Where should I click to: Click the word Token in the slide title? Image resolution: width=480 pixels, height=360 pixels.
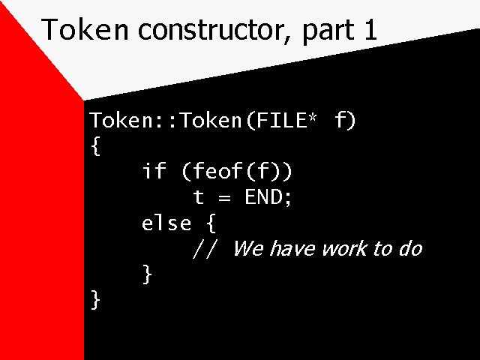85,29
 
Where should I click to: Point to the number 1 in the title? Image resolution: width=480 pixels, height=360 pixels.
370,30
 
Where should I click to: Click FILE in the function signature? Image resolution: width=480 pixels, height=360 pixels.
281,120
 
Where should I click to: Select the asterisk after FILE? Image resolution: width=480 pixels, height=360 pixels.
312,118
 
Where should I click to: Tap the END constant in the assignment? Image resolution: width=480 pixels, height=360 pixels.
263,196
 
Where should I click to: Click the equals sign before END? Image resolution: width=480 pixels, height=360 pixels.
224,198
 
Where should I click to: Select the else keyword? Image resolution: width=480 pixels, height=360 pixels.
166,223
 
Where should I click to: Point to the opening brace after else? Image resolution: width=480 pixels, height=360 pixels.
211,223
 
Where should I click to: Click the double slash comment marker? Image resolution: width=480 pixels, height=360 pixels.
205,248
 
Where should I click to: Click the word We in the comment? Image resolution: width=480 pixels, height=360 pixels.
248,248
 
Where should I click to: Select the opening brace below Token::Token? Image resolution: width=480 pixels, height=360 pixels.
96,146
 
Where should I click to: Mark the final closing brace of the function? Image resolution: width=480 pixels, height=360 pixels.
95,300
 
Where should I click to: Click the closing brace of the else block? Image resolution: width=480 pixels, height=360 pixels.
147,274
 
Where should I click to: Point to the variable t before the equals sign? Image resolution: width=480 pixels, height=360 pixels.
198,196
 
